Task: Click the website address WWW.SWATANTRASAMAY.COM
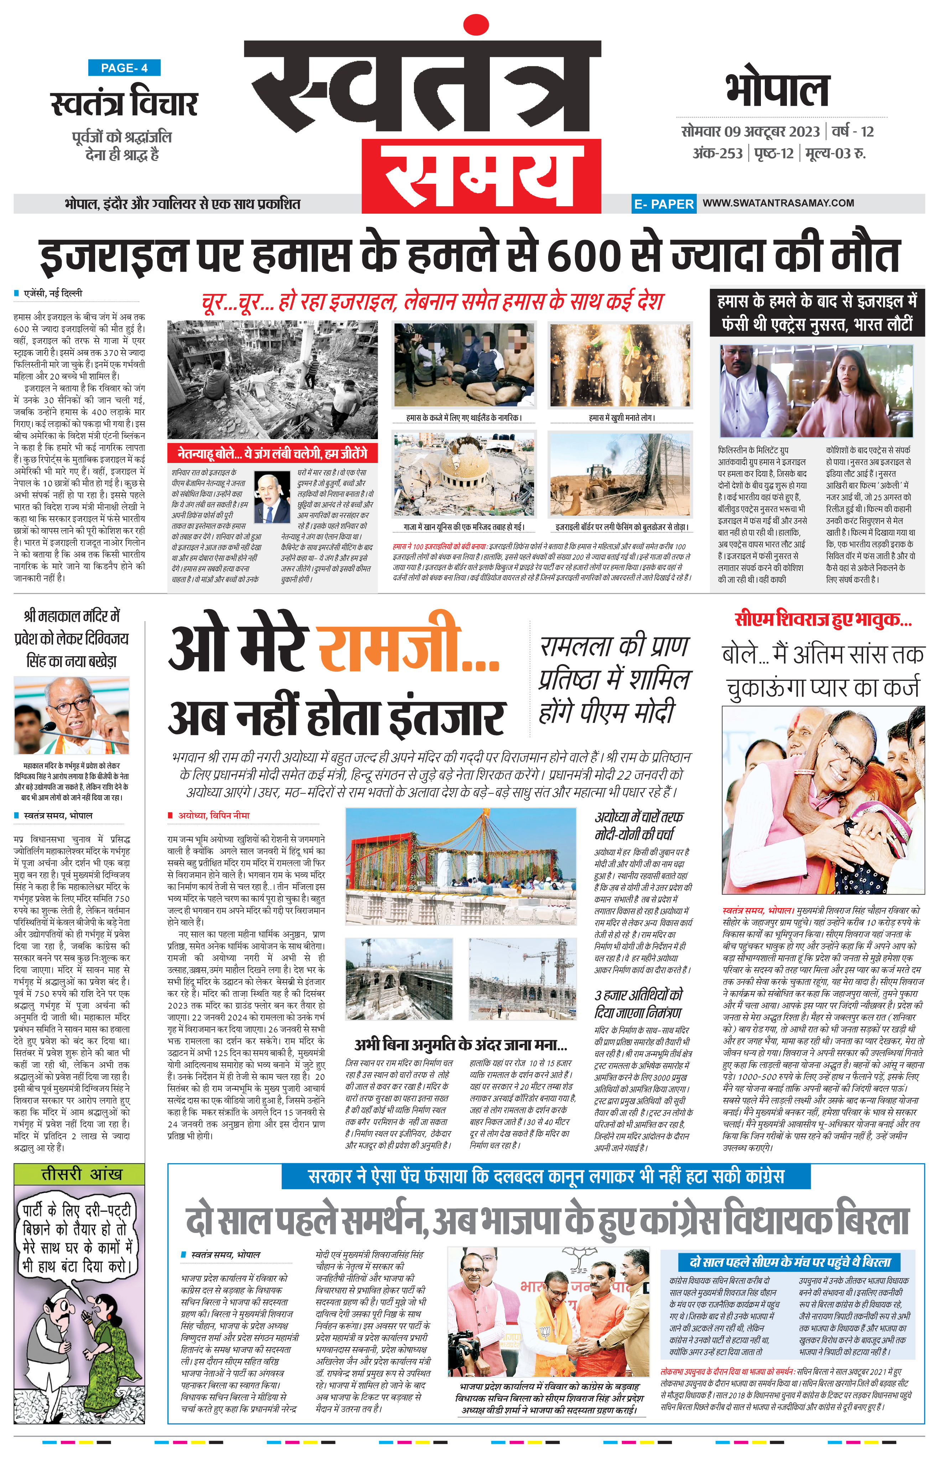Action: tap(778, 203)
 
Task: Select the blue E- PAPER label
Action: tap(663, 204)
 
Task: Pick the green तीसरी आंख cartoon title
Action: tap(80, 1173)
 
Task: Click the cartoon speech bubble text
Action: tap(77, 1239)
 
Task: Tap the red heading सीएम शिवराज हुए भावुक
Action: tap(823, 620)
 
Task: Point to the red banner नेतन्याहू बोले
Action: tap(272, 453)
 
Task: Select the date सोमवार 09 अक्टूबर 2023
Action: tap(751, 132)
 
